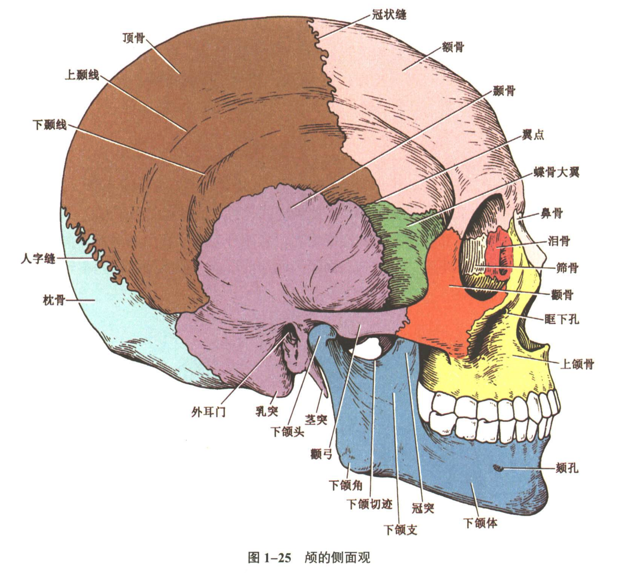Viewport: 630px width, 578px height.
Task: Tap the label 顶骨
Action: (x=134, y=38)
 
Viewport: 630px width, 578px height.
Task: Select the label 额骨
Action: (x=453, y=47)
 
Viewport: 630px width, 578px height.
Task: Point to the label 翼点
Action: (x=533, y=135)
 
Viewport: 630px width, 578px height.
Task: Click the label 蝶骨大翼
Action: (x=556, y=172)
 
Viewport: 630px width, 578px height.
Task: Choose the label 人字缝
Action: (x=38, y=259)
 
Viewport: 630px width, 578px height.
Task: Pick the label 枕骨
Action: (x=54, y=300)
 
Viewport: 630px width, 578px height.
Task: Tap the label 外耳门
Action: (x=208, y=412)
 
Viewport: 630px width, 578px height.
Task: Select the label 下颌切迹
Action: (x=370, y=504)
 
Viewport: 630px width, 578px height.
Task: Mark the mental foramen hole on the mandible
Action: (x=497, y=467)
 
